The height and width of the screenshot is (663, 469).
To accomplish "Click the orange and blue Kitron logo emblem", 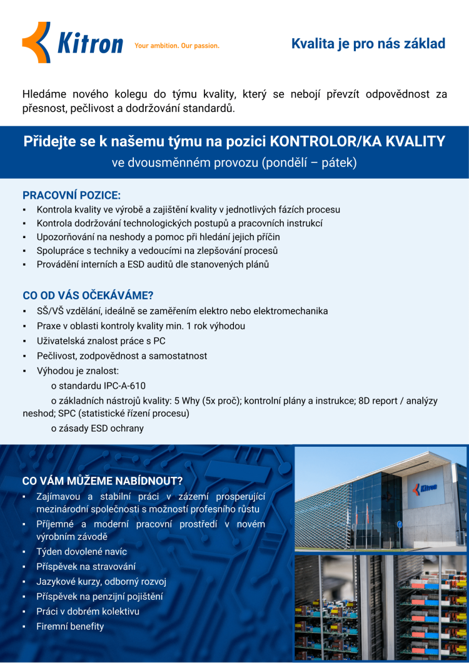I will tap(36, 42).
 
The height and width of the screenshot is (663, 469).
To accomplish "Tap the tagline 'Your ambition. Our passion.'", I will tap(177, 46).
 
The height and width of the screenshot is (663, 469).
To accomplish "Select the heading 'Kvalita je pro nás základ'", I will tap(368, 44).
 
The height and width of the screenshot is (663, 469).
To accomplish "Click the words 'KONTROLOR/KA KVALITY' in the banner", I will tap(358, 141).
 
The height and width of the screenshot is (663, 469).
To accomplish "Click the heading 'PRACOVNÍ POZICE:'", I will tap(71, 195).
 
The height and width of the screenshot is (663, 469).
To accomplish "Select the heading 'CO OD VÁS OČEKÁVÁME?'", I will tap(88, 296).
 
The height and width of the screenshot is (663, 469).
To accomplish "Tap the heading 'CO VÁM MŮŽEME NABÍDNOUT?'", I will tap(102, 481).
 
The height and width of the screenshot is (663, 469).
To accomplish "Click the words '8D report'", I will tap(378, 401).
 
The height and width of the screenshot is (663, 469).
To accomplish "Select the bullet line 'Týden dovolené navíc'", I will tap(81, 552).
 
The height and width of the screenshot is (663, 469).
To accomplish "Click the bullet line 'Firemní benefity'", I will tap(70, 626).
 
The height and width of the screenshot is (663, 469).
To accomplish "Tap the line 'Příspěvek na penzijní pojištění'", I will tap(99, 596).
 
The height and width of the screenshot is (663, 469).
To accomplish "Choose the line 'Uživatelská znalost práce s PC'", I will tap(101, 341).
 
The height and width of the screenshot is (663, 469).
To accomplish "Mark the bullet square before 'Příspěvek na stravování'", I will tap(23, 567).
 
